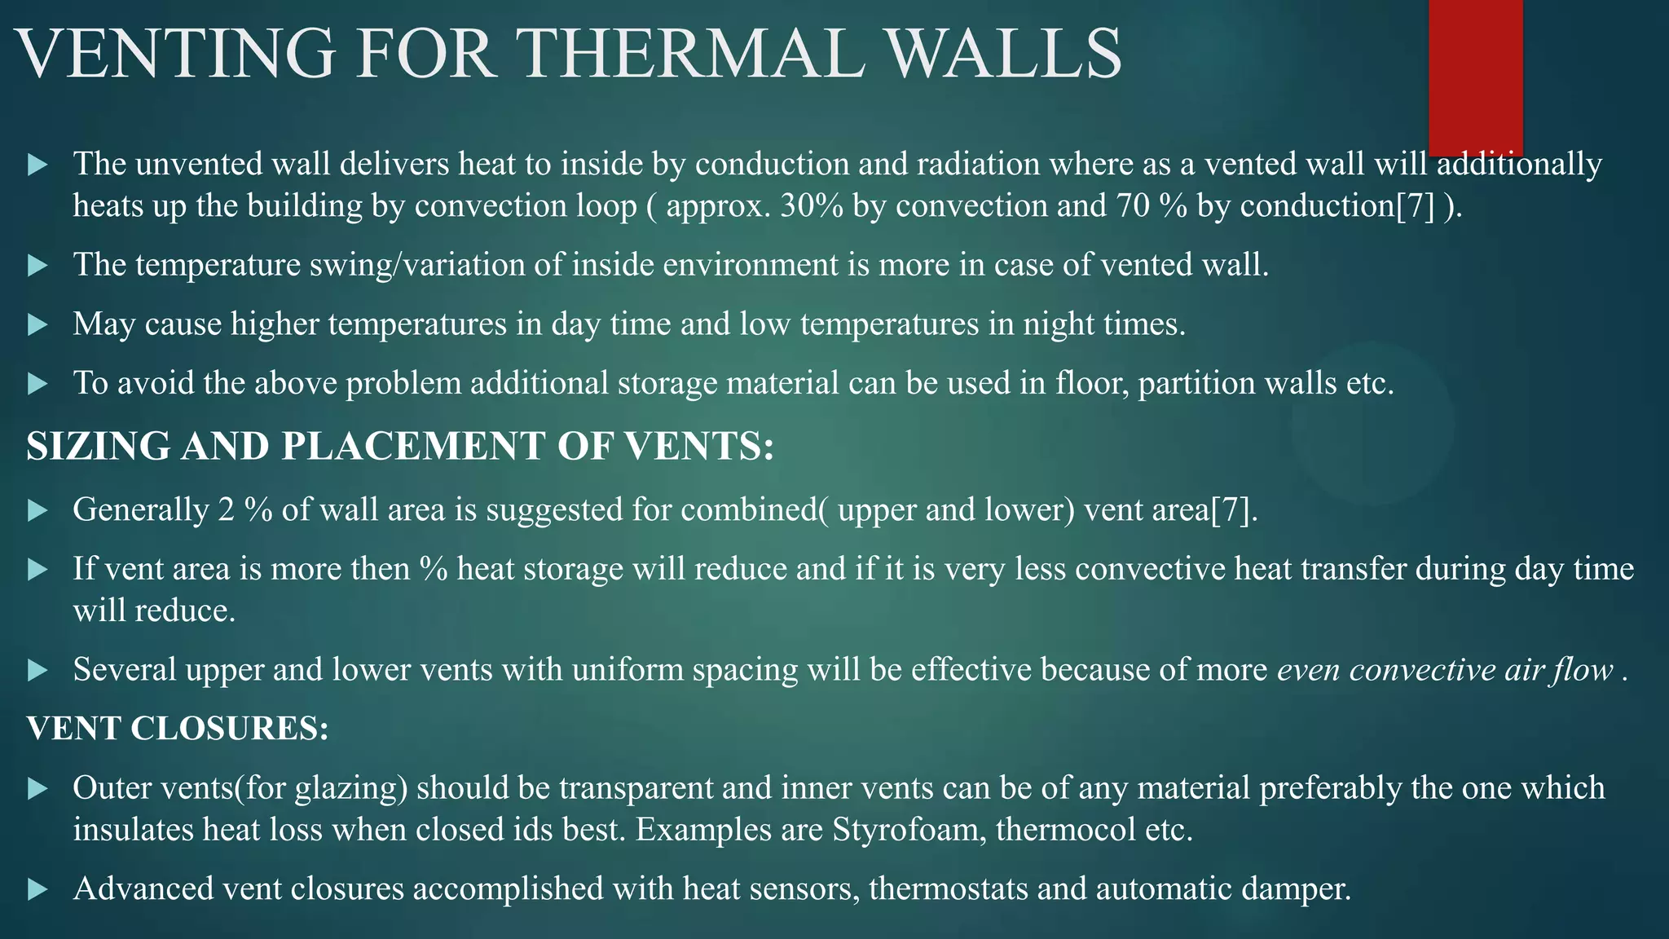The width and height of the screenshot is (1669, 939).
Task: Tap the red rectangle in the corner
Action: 1475,77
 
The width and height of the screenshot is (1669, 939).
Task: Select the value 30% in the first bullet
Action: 811,206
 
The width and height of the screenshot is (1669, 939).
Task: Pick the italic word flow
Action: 1583,670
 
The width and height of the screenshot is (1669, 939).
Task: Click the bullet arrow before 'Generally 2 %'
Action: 37,511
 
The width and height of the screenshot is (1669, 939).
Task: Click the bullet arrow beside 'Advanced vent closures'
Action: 37,890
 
